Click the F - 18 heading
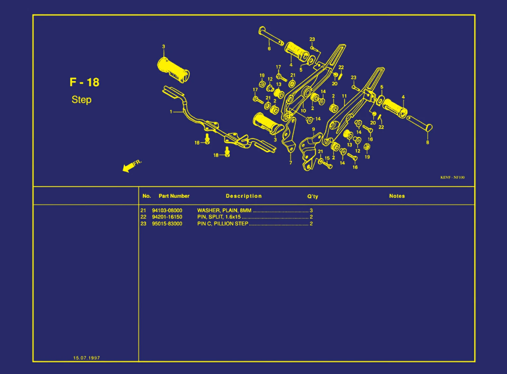click(84, 82)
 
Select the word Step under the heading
click(82, 100)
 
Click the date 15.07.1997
click(87, 358)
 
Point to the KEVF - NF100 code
click(452, 177)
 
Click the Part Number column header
click(174, 196)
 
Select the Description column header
click(244, 196)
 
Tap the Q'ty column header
click(313, 196)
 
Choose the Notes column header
click(397, 196)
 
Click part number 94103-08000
click(167, 210)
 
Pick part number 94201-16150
click(167, 217)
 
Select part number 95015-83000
click(167, 224)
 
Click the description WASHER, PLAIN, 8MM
click(224, 210)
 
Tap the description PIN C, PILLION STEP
click(223, 224)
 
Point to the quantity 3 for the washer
click(311, 210)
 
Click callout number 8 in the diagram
click(428, 142)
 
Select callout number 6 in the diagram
click(269, 48)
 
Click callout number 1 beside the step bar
click(171, 112)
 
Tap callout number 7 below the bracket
click(291, 163)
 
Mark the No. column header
click(146, 196)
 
